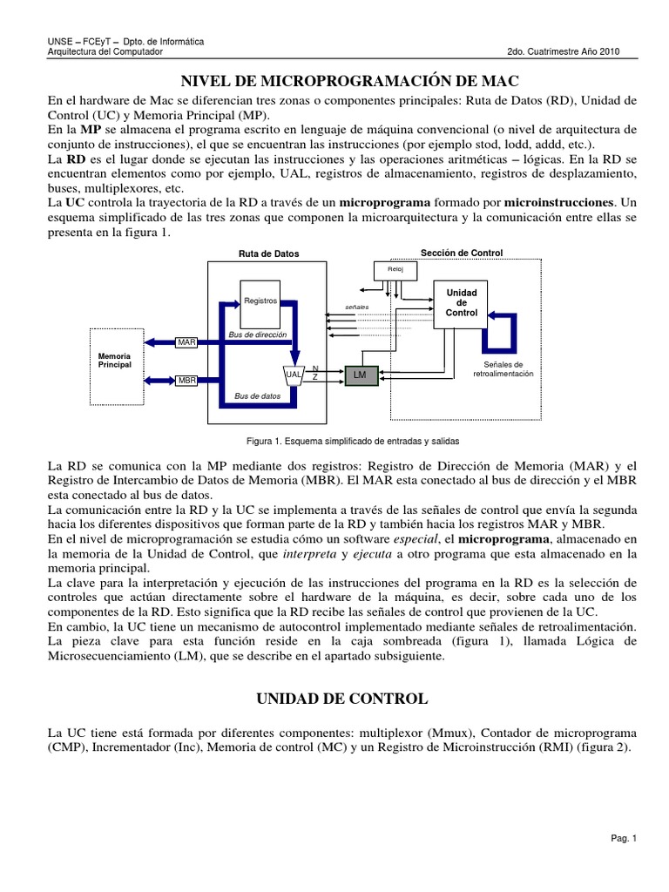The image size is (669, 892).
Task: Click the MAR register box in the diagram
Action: tap(187, 342)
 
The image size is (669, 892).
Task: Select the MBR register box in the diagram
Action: tap(187, 381)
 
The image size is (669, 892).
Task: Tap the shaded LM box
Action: tap(359, 375)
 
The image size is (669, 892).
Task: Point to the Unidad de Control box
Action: tap(462, 303)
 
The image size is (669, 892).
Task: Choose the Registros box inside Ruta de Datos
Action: tap(260, 301)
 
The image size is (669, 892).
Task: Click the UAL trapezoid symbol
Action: tap(294, 374)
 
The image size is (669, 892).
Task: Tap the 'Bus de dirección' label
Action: tap(257, 334)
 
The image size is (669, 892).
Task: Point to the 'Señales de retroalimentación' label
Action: tap(503, 368)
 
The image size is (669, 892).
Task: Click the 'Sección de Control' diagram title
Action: tap(462, 253)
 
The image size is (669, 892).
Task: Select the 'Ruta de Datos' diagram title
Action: tap(268, 254)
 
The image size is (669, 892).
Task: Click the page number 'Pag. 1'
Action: tap(625, 839)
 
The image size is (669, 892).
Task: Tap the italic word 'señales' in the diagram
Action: tap(357, 307)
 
